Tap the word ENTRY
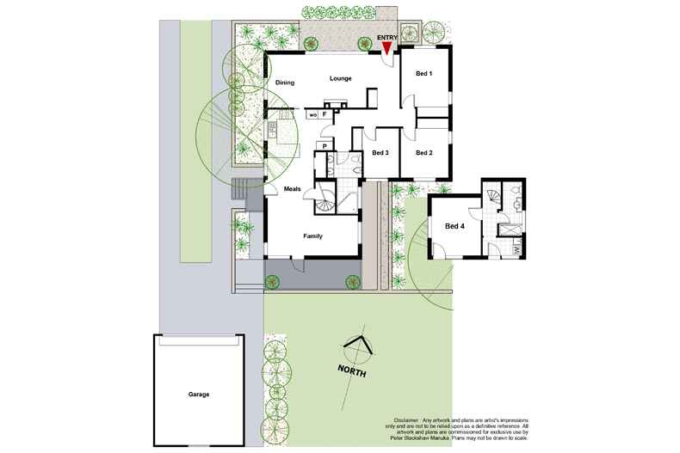[388, 38]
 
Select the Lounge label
[340, 79]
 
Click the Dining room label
[285, 83]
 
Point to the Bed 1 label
[423, 74]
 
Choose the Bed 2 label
[423, 153]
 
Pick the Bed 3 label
[380, 153]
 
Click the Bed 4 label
[454, 227]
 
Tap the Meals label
[285, 190]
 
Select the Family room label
[312, 236]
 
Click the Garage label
[199, 395]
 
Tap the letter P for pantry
[325, 147]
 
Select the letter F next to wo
[325, 113]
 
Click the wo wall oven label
[312, 113]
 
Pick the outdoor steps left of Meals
[241, 193]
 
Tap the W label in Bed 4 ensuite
[517, 250]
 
